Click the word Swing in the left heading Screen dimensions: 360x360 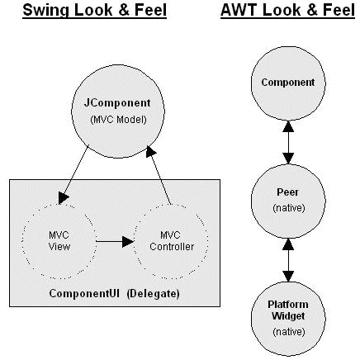coord(45,11)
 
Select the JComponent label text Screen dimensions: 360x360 coord(117,103)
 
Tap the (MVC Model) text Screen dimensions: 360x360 coord(118,120)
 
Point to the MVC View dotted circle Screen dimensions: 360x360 coord(22,241)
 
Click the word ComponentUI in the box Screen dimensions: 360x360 coord(84,293)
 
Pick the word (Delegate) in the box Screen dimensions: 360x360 coord(154,294)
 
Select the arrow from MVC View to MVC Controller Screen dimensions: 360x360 coord(115,241)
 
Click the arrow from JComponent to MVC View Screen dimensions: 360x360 coord(73,175)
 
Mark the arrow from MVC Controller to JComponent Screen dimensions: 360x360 coord(159,175)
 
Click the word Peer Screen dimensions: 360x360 coord(287,192)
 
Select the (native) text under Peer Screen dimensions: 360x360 coord(289,208)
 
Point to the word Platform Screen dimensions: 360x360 coord(288,305)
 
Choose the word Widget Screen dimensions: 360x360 coord(288,316)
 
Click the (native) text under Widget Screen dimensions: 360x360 coord(289,332)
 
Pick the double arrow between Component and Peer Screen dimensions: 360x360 coord(288,142)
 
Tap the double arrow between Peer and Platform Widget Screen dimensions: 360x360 coord(288,260)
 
